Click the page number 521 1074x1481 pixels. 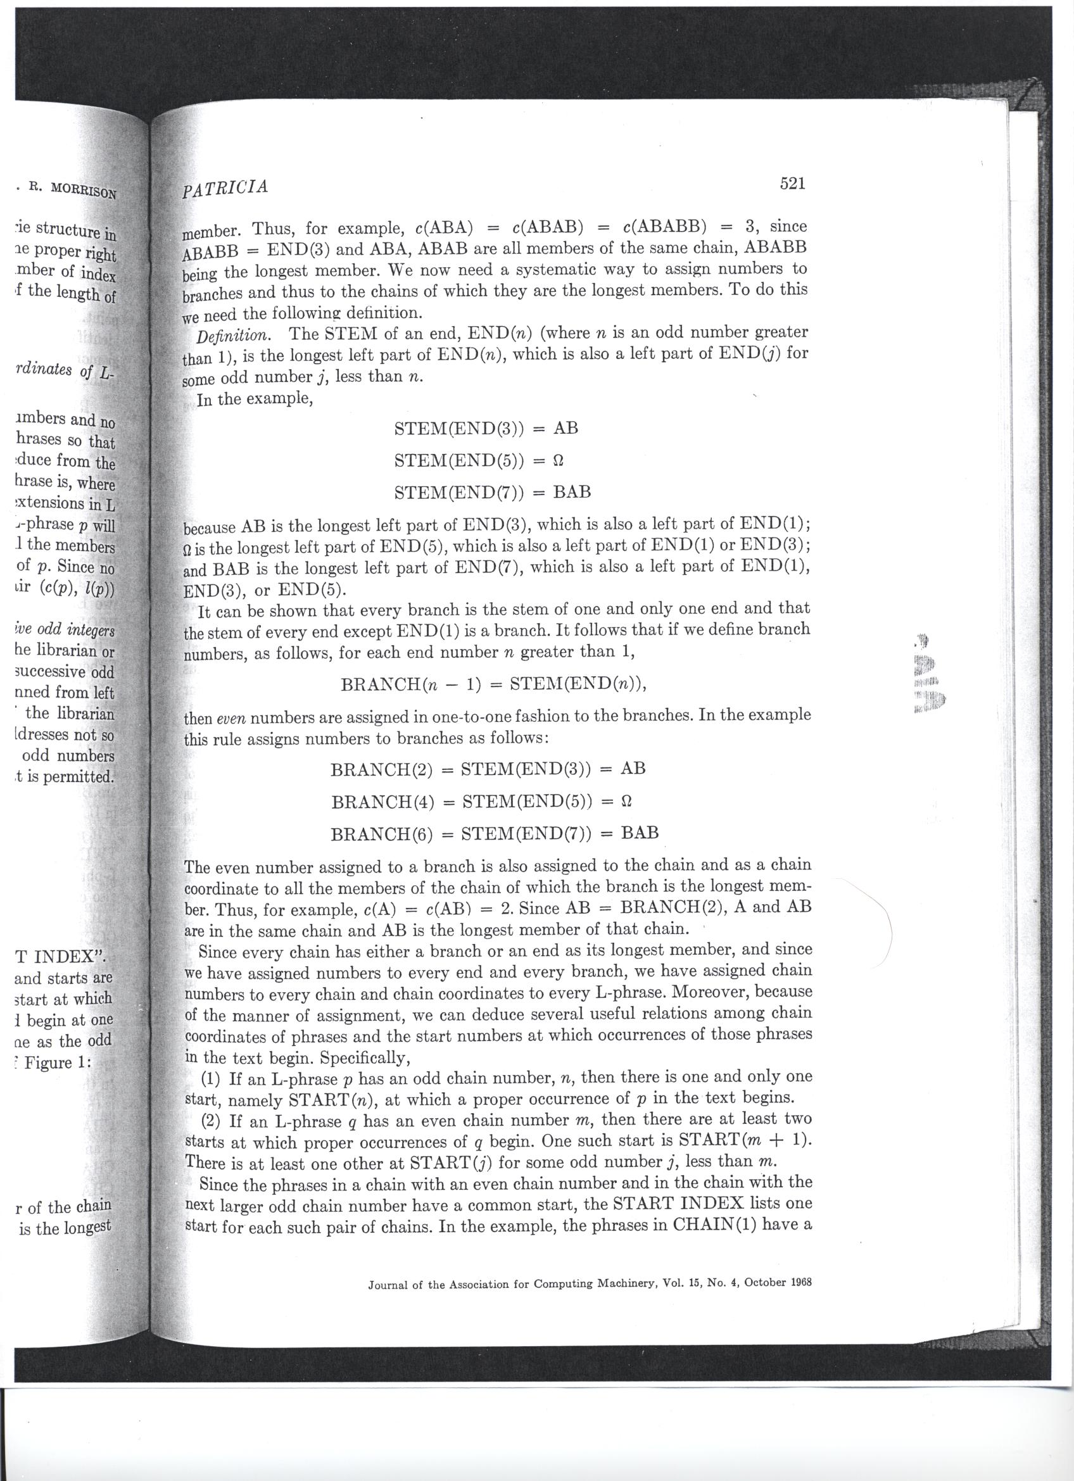pos(793,184)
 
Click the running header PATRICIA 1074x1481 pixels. pos(225,187)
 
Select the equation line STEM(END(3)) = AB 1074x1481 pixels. pos(486,429)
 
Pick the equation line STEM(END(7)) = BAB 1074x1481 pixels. pos(493,492)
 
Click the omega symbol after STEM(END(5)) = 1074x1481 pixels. pos(559,460)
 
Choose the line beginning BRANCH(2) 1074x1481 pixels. pos(488,769)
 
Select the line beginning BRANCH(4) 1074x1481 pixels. pos(484,800)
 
